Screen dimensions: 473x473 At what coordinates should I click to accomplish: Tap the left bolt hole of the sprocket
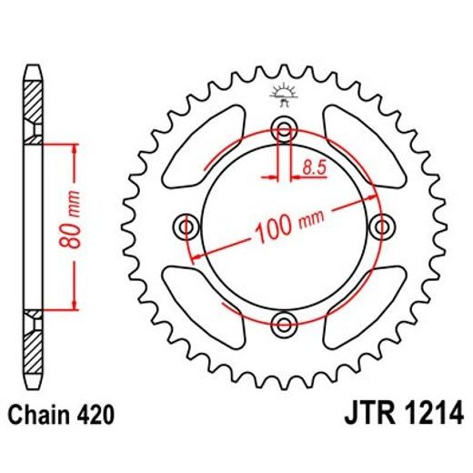point(188,225)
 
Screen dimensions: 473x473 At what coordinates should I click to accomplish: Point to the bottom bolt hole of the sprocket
point(284,321)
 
